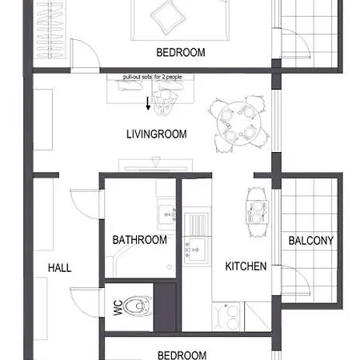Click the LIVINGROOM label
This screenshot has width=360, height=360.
pyautogui.click(x=157, y=134)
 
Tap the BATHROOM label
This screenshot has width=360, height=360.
pyautogui.click(x=140, y=240)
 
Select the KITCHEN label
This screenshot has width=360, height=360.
pyautogui.click(x=246, y=266)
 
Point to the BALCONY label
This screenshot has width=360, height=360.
pyautogui.click(x=311, y=241)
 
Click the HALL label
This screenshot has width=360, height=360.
pyautogui.click(x=60, y=268)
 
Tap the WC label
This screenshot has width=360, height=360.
pyautogui.click(x=118, y=307)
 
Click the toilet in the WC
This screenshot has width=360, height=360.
pyautogui.click(x=138, y=306)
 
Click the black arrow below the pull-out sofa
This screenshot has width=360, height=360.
pyautogui.click(x=148, y=103)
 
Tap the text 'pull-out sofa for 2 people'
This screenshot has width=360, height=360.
pyautogui.click(x=153, y=77)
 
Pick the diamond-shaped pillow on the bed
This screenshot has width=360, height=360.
pyautogui.click(x=168, y=17)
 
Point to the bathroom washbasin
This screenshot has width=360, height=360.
pyautogui.click(x=166, y=214)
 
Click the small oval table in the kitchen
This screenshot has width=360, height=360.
pyautogui.click(x=257, y=212)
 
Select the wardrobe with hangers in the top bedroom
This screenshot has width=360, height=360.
pyautogui.click(x=50, y=29)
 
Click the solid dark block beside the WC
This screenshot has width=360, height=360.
pyautogui.click(x=166, y=307)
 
